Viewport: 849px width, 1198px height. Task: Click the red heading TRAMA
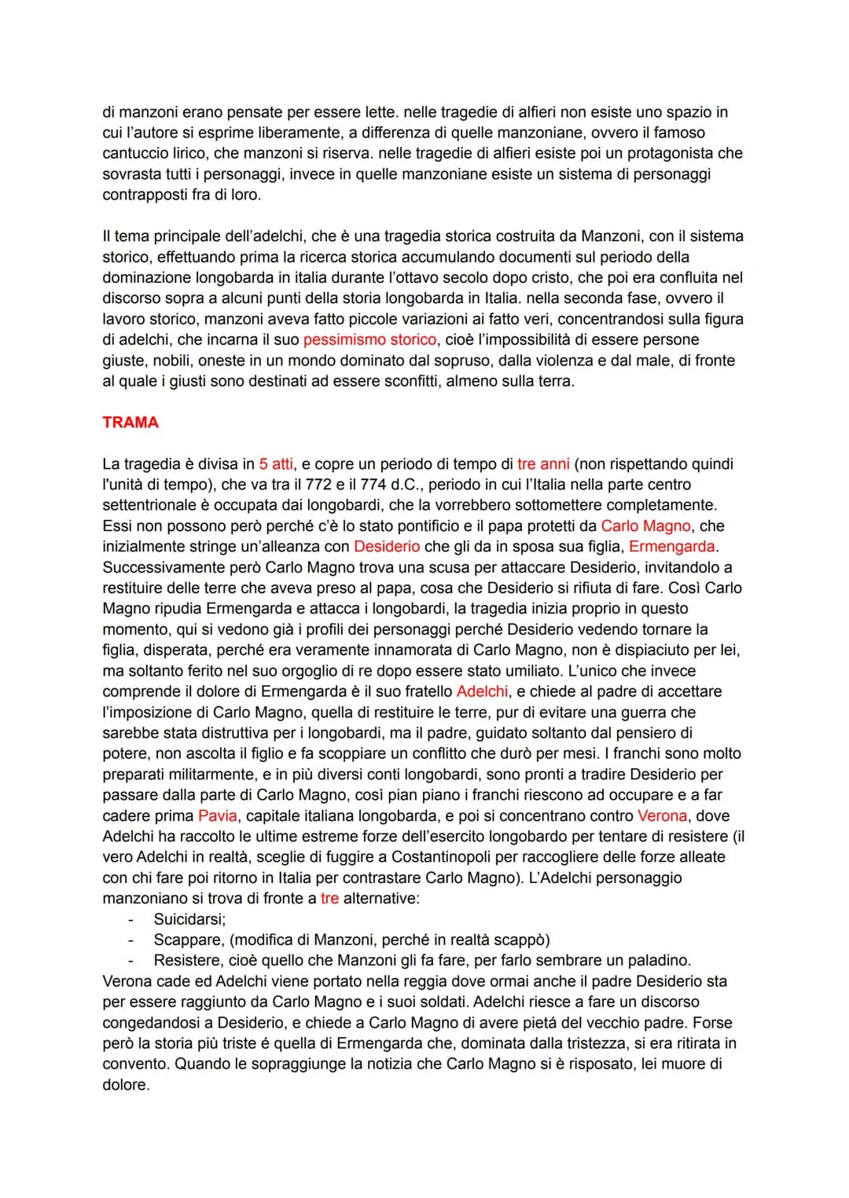click(x=130, y=423)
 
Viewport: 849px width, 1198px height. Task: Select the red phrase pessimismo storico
click(x=369, y=339)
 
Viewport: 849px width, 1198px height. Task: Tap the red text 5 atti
click(x=276, y=463)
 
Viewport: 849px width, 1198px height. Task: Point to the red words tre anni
click(x=543, y=463)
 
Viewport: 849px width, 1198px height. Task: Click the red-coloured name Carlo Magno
click(x=645, y=526)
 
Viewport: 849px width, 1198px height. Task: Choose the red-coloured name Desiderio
click(x=387, y=546)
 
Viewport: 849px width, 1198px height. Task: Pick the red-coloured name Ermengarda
click(x=673, y=546)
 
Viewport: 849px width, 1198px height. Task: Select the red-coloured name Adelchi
click(x=482, y=691)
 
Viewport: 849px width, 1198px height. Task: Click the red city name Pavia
click(x=218, y=815)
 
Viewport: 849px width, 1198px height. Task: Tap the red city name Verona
click(x=662, y=815)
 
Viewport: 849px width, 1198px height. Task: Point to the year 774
click(x=373, y=484)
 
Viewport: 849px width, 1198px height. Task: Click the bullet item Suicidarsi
click(x=189, y=919)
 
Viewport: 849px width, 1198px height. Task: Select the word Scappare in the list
click(x=186, y=940)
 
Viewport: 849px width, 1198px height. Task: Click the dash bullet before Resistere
click(x=132, y=960)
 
